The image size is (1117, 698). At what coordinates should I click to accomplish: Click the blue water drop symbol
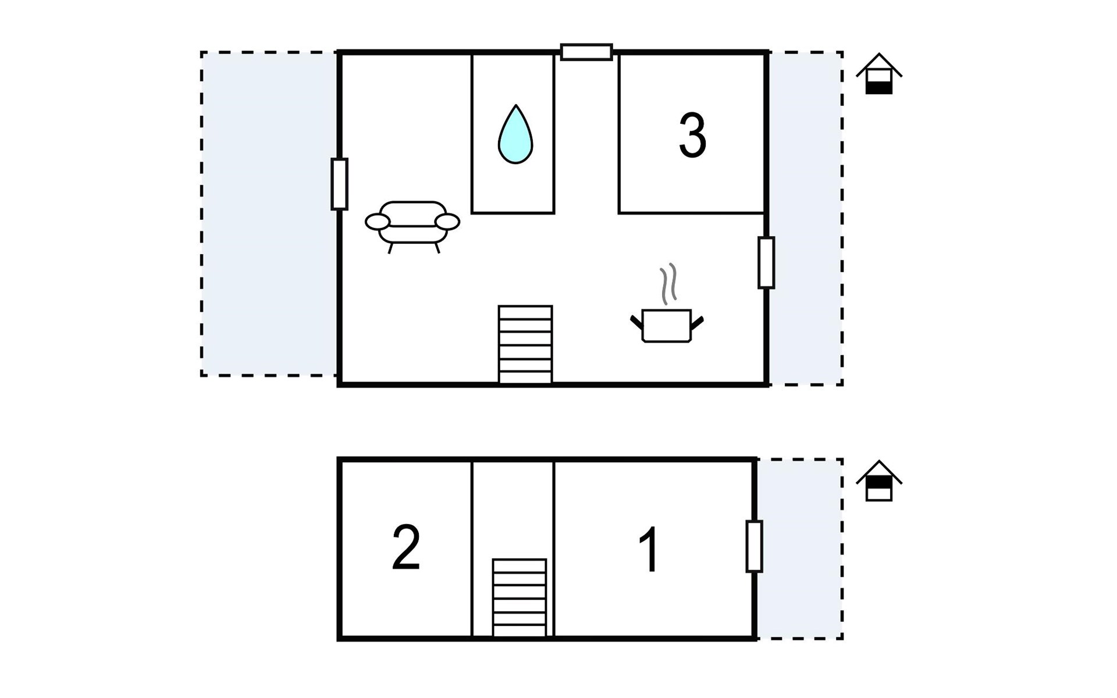[x=515, y=136]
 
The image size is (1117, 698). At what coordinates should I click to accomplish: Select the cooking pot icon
[x=667, y=325]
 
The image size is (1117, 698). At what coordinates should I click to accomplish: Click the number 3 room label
[x=692, y=136]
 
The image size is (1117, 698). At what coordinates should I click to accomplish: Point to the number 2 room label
[x=406, y=547]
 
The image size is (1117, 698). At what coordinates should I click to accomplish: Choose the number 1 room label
[x=649, y=550]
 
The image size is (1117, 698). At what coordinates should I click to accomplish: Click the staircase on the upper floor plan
[x=525, y=344]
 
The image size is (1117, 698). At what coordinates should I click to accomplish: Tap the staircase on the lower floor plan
[x=519, y=597]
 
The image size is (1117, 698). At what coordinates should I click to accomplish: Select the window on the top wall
[x=586, y=52]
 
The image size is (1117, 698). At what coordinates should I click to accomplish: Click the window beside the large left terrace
[x=339, y=184]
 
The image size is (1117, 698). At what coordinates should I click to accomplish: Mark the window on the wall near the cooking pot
[x=766, y=262]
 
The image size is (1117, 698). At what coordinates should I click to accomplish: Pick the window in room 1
[x=754, y=546]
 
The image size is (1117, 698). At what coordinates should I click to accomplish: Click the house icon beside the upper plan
[x=878, y=74]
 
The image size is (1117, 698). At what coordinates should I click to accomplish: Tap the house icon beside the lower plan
[x=878, y=481]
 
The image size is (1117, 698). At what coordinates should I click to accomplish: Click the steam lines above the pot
[x=668, y=283]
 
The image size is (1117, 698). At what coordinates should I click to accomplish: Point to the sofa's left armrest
[x=378, y=222]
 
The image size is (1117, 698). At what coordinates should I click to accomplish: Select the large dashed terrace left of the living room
[x=269, y=213]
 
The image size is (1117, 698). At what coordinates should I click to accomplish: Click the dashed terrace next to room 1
[x=799, y=549]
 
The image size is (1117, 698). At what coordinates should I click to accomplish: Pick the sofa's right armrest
[x=447, y=222]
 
